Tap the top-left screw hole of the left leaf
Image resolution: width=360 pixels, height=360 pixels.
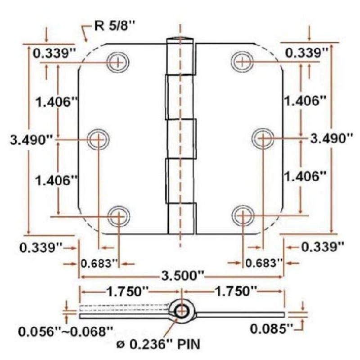pyautogui.click(x=118, y=62)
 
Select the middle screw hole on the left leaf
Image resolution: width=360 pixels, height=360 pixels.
pyautogui.click(x=98, y=139)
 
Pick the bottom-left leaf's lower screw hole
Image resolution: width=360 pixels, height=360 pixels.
pyautogui.click(x=118, y=216)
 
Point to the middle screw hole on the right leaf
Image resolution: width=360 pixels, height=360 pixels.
pyautogui.click(x=262, y=139)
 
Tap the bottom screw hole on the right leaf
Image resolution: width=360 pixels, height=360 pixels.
pyautogui.click(x=243, y=216)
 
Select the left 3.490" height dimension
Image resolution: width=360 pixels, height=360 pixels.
pyautogui.click(x=30, y=139)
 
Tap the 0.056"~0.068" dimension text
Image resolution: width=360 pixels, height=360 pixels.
pyautogui.click(x=65, y=332)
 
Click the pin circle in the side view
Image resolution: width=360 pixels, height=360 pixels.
pyautogui.click(x=181, y=310)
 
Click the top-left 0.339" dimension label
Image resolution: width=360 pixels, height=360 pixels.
pyautogui.click(x=53, y=53)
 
